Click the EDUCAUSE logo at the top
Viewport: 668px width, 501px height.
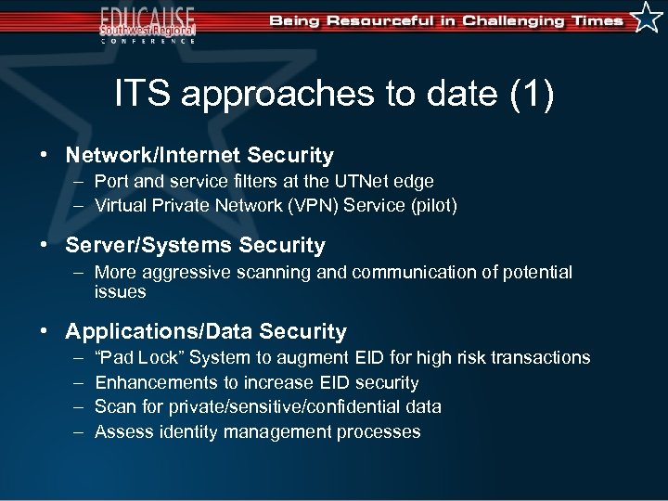(x=148, y=23)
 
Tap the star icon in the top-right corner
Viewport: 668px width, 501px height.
(x=647, y=18)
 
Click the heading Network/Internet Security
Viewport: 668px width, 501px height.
(x=199, y=156)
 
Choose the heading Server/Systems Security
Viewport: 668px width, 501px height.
(x=195, y=246)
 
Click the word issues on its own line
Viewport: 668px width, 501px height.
(x=120, y=292)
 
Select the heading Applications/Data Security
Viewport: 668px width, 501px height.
(x=206, y=332)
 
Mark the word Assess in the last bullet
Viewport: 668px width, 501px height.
(x=121, y=432)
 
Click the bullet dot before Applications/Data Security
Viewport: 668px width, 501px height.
(x=44, y=332)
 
